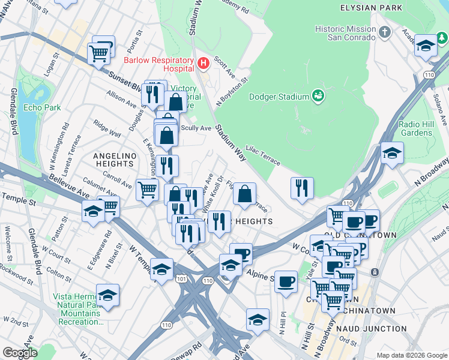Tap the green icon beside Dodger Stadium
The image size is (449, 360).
tap(318, 96)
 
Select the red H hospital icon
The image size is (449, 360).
tap(203, 62)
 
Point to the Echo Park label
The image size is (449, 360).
tap(42, 108)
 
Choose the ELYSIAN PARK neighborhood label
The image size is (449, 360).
tap(370, 8)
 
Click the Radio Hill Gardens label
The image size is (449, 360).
tap(417, 128)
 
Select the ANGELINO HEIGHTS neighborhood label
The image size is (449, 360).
tap(113, 160)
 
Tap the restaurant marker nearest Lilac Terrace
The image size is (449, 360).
tap(302, 187)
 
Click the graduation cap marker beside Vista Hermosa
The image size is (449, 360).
tap(107, 295)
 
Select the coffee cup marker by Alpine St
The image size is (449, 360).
tap(286, 281)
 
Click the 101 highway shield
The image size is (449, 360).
tap(182, 280)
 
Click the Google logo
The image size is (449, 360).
tap(20, 353)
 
